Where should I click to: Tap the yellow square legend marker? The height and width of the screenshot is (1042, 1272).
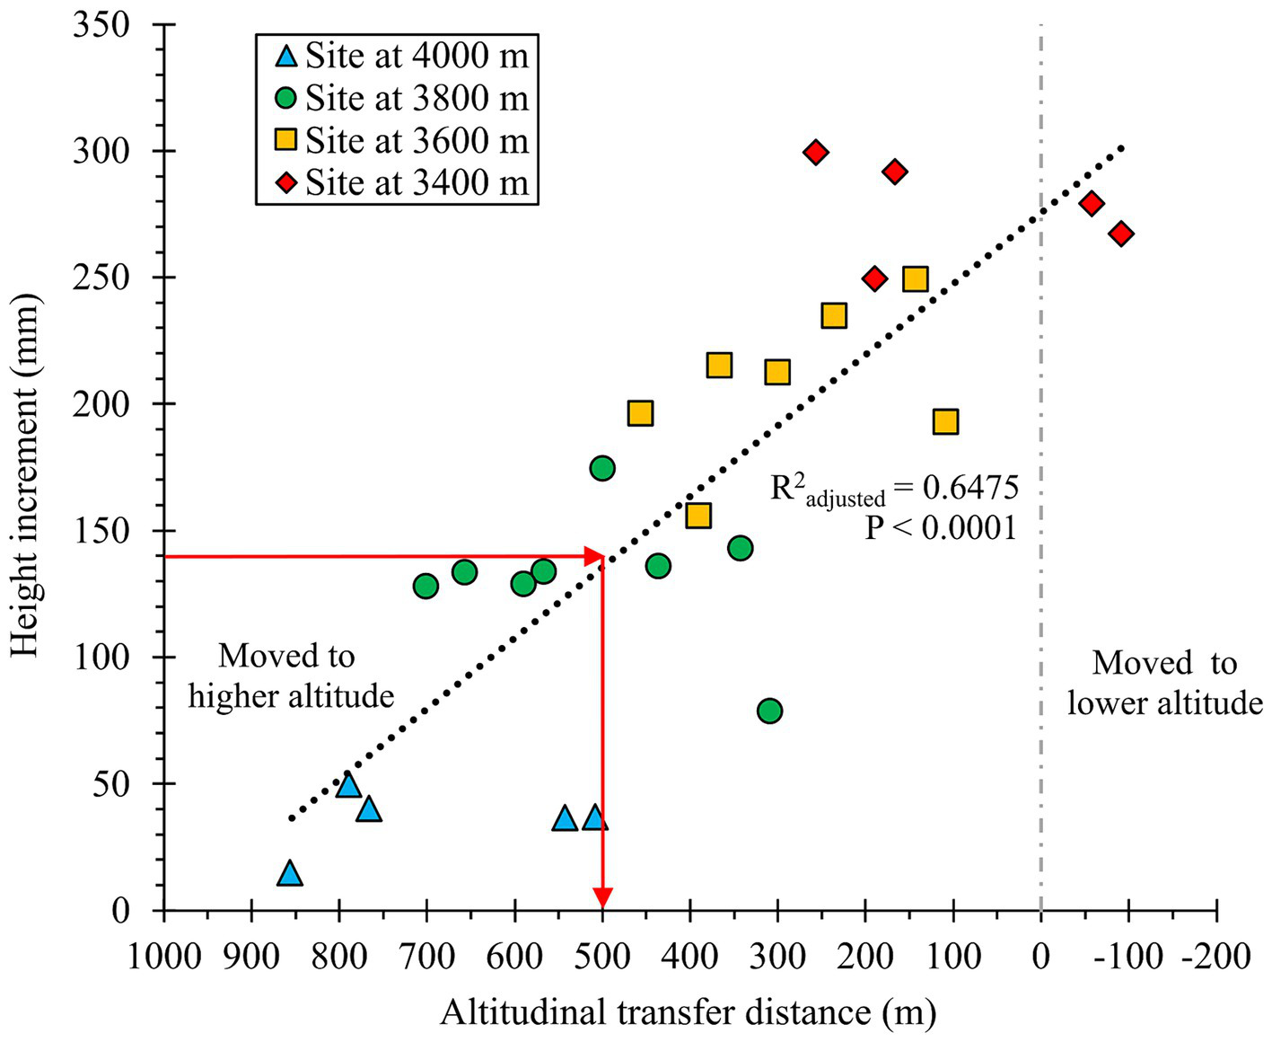[285, 140]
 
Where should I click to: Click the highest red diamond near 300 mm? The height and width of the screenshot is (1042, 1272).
[815, 153]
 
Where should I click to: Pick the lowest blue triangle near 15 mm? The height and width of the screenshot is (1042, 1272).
[289, 874]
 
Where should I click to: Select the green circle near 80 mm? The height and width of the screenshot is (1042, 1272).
[769, 711]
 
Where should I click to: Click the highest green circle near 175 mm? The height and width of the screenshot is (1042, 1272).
[602, 468]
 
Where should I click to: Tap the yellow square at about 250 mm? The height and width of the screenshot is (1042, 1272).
[915, 278]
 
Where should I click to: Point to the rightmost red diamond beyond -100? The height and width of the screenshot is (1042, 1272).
[1120, 234]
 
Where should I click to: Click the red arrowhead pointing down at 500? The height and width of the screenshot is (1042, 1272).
[602, 897]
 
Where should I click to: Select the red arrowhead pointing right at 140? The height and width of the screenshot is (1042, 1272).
[592, 556]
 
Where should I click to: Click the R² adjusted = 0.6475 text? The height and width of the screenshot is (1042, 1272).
[894, 490]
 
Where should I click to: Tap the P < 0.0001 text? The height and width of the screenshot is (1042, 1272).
[940, 528]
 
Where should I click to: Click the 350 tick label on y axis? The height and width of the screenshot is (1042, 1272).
[101, 26]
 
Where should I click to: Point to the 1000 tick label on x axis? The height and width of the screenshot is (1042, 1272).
[164, 957]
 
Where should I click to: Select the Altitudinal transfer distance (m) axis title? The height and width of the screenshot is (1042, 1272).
[688, 1013]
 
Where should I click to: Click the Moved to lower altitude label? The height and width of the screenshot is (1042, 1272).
[1164, 683]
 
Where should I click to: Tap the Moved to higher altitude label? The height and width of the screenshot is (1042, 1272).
[291, 676]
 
